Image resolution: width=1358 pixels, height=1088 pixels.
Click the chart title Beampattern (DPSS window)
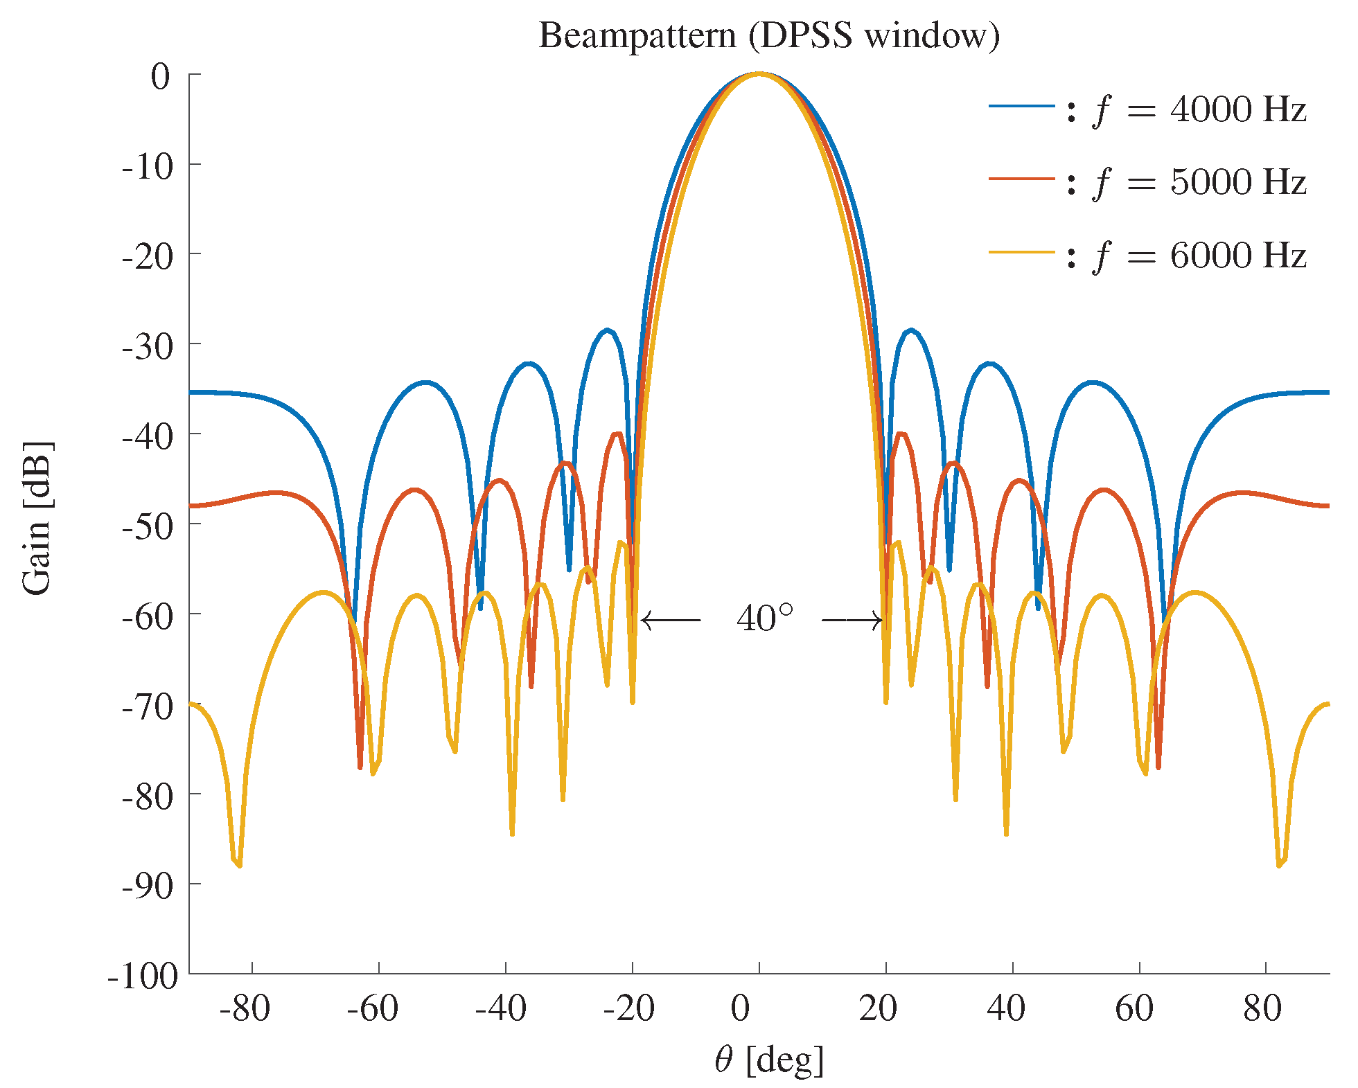coord(769,36)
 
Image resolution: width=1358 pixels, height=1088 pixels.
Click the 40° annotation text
coord(764,618)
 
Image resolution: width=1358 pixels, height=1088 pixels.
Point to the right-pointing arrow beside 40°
coord(852,620)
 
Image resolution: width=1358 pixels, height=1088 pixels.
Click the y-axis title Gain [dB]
coord(37,517)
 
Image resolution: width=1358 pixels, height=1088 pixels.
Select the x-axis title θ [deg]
coord(769,1060)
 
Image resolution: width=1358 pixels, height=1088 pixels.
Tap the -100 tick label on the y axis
coord(143,976)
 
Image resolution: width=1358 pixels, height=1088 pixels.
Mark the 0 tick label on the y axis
coord(160,76)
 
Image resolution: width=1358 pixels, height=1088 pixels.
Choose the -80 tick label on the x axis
coord(245,1008)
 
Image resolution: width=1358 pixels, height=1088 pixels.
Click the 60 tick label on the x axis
coord(1134,1008)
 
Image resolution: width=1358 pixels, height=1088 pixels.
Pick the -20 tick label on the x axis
coord(628,1008)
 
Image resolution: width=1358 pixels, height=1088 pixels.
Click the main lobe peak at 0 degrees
coord(759,73)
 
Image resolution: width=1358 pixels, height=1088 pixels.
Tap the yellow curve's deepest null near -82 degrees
coord(238,865)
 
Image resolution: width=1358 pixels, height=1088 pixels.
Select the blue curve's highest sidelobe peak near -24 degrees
coord(608,330)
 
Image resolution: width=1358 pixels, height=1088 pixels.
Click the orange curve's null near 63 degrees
coord(1158,767)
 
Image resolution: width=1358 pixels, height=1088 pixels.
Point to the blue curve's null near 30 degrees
coord(949,570)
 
